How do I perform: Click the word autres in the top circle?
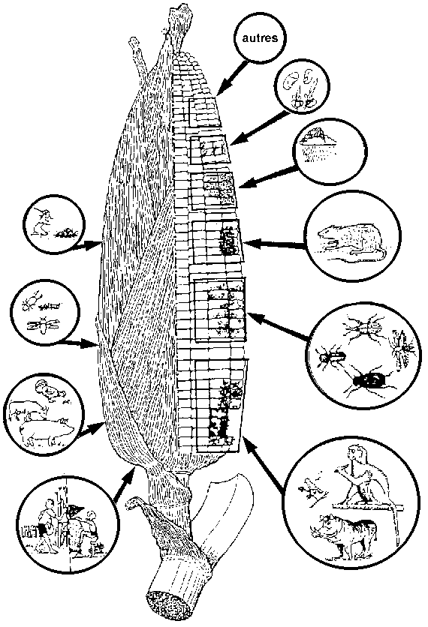[260, 38]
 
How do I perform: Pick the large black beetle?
[371, 381]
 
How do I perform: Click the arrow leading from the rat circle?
[276, 244]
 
